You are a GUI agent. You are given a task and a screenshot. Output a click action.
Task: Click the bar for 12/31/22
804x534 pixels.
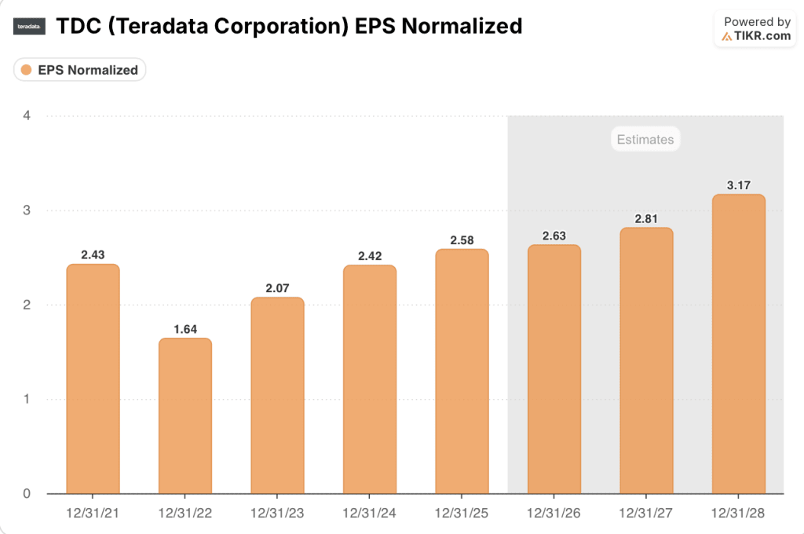(x=185, y=416)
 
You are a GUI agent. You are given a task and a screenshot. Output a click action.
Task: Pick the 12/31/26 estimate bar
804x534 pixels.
(x=554, y=369)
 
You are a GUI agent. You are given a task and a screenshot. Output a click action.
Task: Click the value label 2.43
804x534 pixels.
(x=93, y=254)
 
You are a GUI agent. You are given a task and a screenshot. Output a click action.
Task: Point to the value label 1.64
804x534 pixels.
(x=185, y=329)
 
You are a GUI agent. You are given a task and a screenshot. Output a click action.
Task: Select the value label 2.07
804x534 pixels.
(x=277, y=288)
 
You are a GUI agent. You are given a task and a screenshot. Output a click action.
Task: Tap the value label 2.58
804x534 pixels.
(x=462, y=240)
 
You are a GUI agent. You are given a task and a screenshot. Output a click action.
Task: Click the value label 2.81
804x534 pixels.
(x=646, y=218)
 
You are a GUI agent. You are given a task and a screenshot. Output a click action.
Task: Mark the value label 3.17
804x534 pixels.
(x=738, y=185)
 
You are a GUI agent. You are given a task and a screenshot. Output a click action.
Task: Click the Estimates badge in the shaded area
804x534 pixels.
(x=645, y=140)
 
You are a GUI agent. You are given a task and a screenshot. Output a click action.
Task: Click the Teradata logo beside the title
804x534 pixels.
(x=30, y=27)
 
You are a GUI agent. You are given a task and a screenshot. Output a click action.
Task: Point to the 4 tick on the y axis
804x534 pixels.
(x=27, y=115)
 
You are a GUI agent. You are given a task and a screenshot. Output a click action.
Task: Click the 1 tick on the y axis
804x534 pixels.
(x=27, y=399)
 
